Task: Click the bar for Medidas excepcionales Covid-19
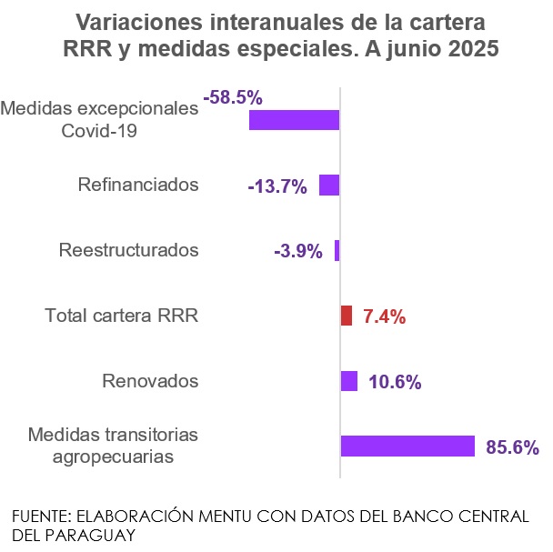point(294,120)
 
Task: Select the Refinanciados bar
point(329,186)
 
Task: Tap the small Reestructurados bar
point(337,250)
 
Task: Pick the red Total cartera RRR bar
point(346,316)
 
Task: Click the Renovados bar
point(348,381)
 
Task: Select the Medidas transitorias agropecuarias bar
point(407,446)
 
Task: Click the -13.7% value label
point(277,186)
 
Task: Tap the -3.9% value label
point(297,251)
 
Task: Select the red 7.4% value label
point(383,316)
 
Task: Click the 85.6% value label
point(513,447)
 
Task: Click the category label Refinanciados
point(138,186)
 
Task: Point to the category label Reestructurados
point(128,250)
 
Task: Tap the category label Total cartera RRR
point(122,316)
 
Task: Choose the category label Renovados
point(150,381)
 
